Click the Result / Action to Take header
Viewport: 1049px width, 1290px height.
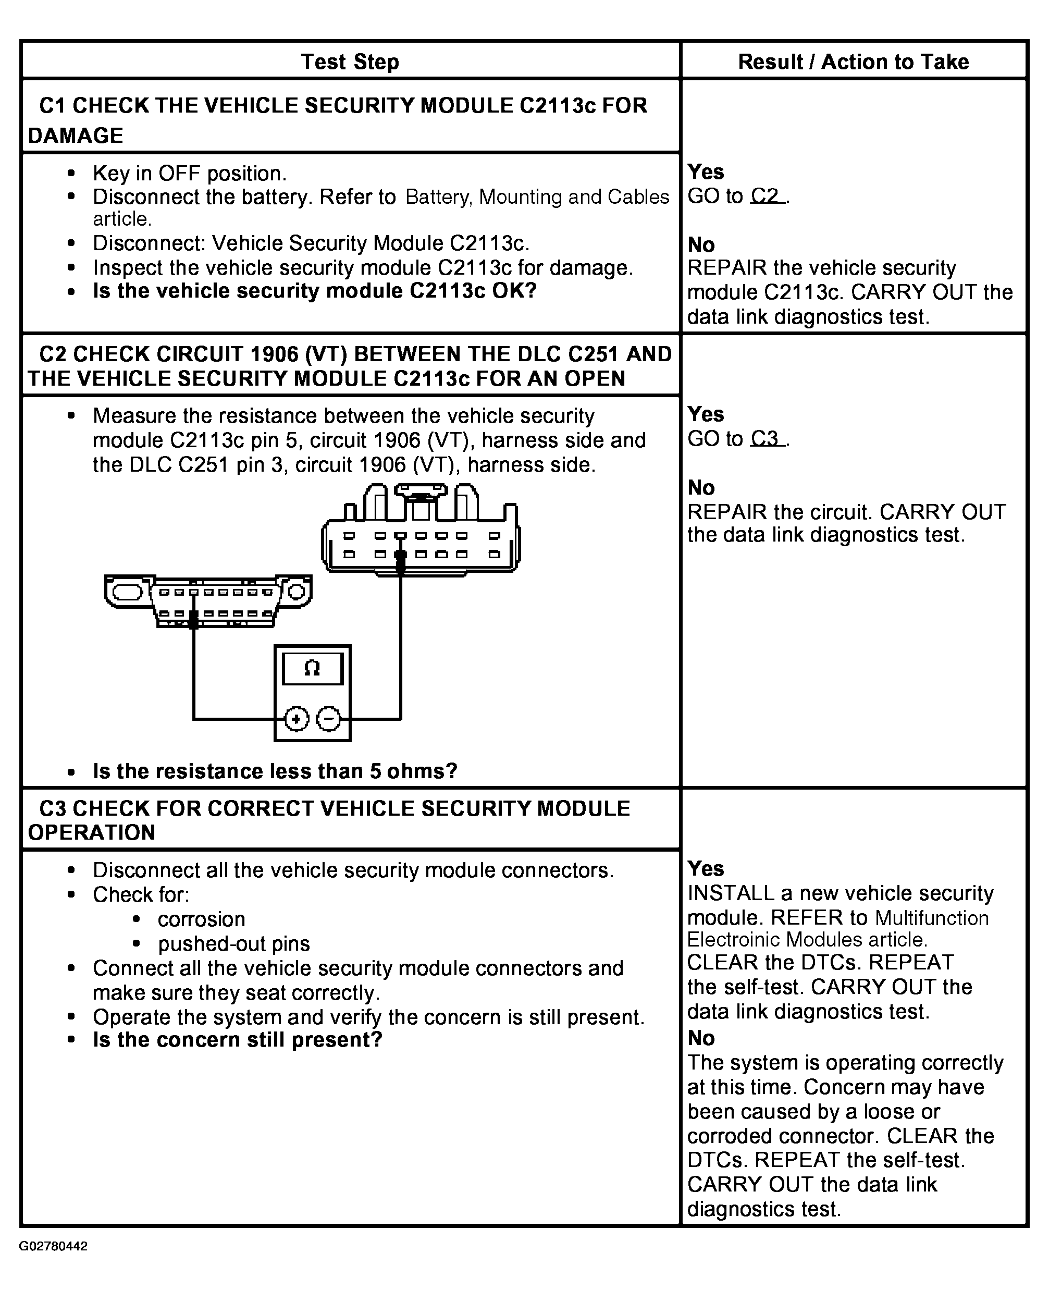tap(853, 62)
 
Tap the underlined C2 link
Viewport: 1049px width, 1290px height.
tap(767, 196)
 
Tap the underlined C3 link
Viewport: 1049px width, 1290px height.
tap(767, 439)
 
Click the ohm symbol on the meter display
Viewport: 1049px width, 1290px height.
tap(312, 668)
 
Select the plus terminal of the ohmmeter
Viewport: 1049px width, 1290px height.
tap(296, 719)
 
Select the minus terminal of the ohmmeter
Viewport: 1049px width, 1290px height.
tap(328, 719)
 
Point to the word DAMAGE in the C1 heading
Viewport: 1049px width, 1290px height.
tap(76, 136)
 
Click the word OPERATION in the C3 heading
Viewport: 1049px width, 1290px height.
tap(92, 832)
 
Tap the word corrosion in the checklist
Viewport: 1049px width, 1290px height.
tap(201, 919)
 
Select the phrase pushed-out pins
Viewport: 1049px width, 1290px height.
tap(234, 944)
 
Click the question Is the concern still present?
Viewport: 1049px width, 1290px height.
tap(238, 1040)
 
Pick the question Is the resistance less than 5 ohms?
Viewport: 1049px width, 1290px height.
tap(275, 771)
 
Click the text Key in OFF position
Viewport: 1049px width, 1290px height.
tap(189, 174)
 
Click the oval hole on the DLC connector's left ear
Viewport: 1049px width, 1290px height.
tap(127, 592)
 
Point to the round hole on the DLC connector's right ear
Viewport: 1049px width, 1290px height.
tap(297, 591)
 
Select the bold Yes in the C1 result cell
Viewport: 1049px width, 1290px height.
tap(706, 172)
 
